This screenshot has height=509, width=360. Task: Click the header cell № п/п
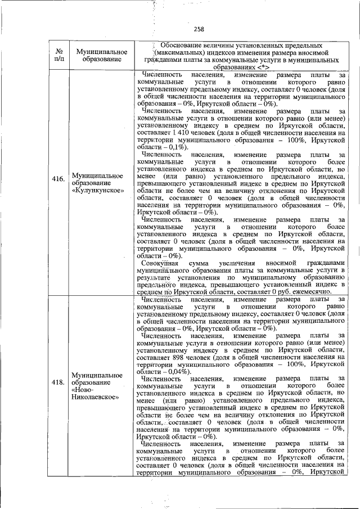click(58, 55)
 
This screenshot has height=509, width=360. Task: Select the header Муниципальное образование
click(101, 55)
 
